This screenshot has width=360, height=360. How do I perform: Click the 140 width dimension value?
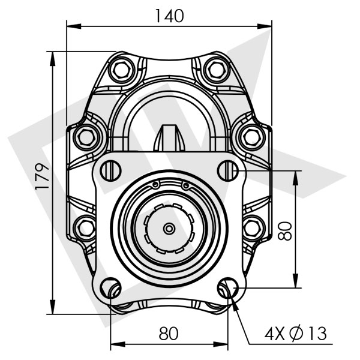coord(169,16)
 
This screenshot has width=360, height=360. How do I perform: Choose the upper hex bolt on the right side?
coord(252,137)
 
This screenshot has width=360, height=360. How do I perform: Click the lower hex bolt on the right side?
coord(252,227)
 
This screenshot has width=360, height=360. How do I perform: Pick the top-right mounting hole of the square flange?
coord(228,171)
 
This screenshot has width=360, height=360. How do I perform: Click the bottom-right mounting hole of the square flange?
coord(228,288)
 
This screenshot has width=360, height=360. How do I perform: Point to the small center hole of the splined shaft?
coord(169,229)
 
